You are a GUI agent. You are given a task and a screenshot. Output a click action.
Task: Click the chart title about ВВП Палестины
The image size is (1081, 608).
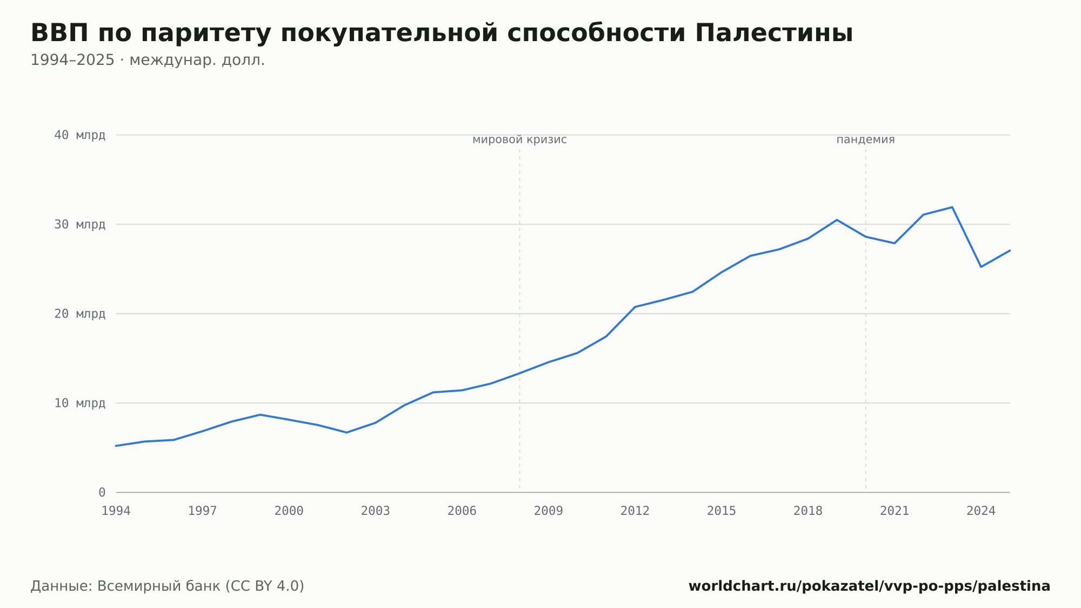pos(442,34)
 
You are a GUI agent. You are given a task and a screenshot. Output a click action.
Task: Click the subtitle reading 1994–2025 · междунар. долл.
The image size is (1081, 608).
pos(148,60)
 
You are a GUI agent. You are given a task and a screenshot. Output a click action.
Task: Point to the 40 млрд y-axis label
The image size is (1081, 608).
pos(80,135)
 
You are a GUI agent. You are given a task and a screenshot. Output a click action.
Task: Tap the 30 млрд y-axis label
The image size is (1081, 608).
pos(80,224)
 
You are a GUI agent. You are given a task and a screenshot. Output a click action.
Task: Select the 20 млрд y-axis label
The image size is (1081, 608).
pos(80,314)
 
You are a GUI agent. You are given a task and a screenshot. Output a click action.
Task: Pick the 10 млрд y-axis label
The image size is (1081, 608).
pos(80,403)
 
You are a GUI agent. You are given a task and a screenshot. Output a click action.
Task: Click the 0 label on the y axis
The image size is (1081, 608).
pos(102,492)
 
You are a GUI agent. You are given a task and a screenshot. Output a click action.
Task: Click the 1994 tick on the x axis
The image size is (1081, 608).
pos(116,511)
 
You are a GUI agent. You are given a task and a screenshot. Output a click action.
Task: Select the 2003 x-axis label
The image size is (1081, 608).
pos(376,511)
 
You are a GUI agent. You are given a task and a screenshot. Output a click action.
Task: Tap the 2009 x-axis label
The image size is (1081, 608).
pos(549,511)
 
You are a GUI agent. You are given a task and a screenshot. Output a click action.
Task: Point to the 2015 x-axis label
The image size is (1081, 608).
pos(722,511)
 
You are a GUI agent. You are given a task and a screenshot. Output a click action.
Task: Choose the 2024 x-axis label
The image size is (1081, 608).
pos(981,511)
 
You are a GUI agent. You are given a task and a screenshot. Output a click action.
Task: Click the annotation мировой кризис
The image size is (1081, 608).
pos(519,140)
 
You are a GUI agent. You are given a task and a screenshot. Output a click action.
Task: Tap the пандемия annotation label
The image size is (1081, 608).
pos(865,140)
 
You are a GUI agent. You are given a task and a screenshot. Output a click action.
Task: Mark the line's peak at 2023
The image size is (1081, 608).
pos(952,207)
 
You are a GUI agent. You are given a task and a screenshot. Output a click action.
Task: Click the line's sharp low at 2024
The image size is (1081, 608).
pos(981,267)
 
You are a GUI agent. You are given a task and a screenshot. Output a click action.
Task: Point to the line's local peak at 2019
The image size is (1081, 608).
pos(837,220)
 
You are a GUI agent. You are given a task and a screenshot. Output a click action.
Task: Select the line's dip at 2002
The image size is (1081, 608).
pos(346,432)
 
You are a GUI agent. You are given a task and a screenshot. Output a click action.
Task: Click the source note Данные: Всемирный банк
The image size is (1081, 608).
pos(168,586)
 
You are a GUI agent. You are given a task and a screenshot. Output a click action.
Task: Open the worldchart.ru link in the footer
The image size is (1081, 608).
pos(869,586)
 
